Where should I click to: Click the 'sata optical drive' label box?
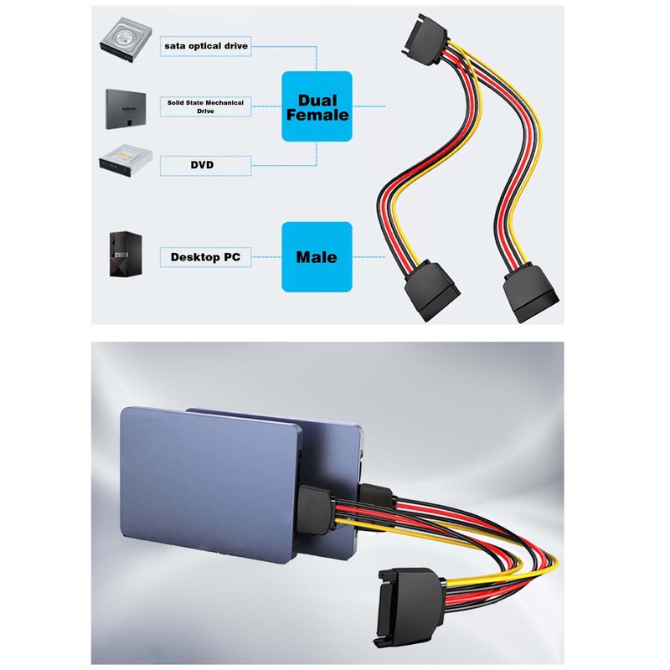[205, 46]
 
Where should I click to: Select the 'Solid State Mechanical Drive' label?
[205, 107]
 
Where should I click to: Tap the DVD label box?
[205, 165]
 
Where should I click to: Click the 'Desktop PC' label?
[205, 257]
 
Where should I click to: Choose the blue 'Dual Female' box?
[317, 106]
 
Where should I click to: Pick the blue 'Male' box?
[317, 257]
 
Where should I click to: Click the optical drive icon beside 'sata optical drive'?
[126, 39]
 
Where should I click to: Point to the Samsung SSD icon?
[126, 109]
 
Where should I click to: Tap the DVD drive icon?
[126, 161]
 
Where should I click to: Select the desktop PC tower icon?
[125, 255]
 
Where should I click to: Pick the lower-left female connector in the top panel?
[431, 289]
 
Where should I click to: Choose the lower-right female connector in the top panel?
[531, 293]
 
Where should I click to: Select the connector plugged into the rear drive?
[376, 495]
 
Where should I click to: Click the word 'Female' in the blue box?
[317, 115]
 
